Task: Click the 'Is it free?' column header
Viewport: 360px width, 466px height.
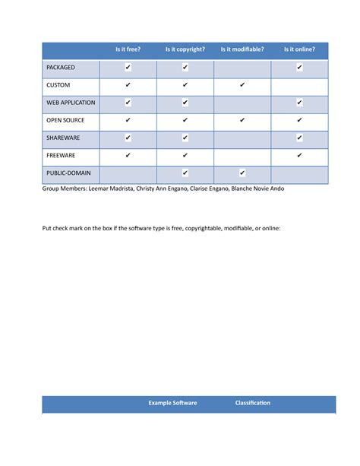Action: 128,50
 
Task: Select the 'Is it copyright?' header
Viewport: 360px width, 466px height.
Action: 185,50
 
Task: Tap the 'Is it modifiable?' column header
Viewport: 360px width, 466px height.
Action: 242,50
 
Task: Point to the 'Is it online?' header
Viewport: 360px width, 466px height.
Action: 299,50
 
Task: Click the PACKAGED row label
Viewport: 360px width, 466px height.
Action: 61,68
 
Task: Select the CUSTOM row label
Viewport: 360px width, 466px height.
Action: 58,85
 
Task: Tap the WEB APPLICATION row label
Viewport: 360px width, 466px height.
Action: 71,103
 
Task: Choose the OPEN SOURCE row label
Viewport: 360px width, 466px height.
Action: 66,120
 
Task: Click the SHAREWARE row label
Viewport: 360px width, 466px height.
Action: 63,138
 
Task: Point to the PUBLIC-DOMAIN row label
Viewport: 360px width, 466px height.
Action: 68,173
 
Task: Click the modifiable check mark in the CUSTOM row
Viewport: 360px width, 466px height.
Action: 242,85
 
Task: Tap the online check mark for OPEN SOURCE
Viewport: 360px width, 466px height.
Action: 299,120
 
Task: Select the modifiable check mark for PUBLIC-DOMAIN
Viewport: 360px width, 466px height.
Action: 242,173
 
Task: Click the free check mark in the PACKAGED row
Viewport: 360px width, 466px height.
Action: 128,68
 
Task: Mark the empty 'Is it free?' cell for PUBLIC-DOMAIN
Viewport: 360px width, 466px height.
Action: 128,175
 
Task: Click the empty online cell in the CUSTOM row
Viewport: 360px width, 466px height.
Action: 299,85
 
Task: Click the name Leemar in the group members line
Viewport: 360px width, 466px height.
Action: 101,189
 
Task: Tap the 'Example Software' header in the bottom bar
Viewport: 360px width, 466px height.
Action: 172,403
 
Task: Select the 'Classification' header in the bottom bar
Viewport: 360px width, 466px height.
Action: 253,403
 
